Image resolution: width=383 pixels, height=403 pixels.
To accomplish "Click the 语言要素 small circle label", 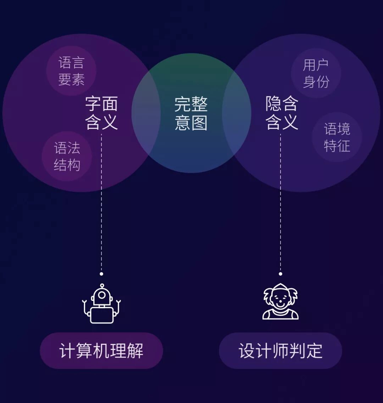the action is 71,71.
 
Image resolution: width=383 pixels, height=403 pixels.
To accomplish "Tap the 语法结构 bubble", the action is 67,156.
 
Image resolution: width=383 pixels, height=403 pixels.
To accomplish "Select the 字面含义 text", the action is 101,113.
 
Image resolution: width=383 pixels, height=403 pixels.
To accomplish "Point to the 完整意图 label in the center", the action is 191,113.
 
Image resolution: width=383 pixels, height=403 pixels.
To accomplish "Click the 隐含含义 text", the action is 282,113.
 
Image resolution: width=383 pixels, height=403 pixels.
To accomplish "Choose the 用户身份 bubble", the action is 316,73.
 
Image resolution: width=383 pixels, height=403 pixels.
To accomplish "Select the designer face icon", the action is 281,302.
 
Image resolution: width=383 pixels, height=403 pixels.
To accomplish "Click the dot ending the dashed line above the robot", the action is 101,274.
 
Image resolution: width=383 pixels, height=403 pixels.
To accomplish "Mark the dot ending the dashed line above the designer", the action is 281,274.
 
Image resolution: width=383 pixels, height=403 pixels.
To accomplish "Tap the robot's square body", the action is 102,315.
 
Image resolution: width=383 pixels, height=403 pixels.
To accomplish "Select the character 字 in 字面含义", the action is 93,104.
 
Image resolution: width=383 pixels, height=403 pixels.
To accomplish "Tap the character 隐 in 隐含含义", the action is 274,104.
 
